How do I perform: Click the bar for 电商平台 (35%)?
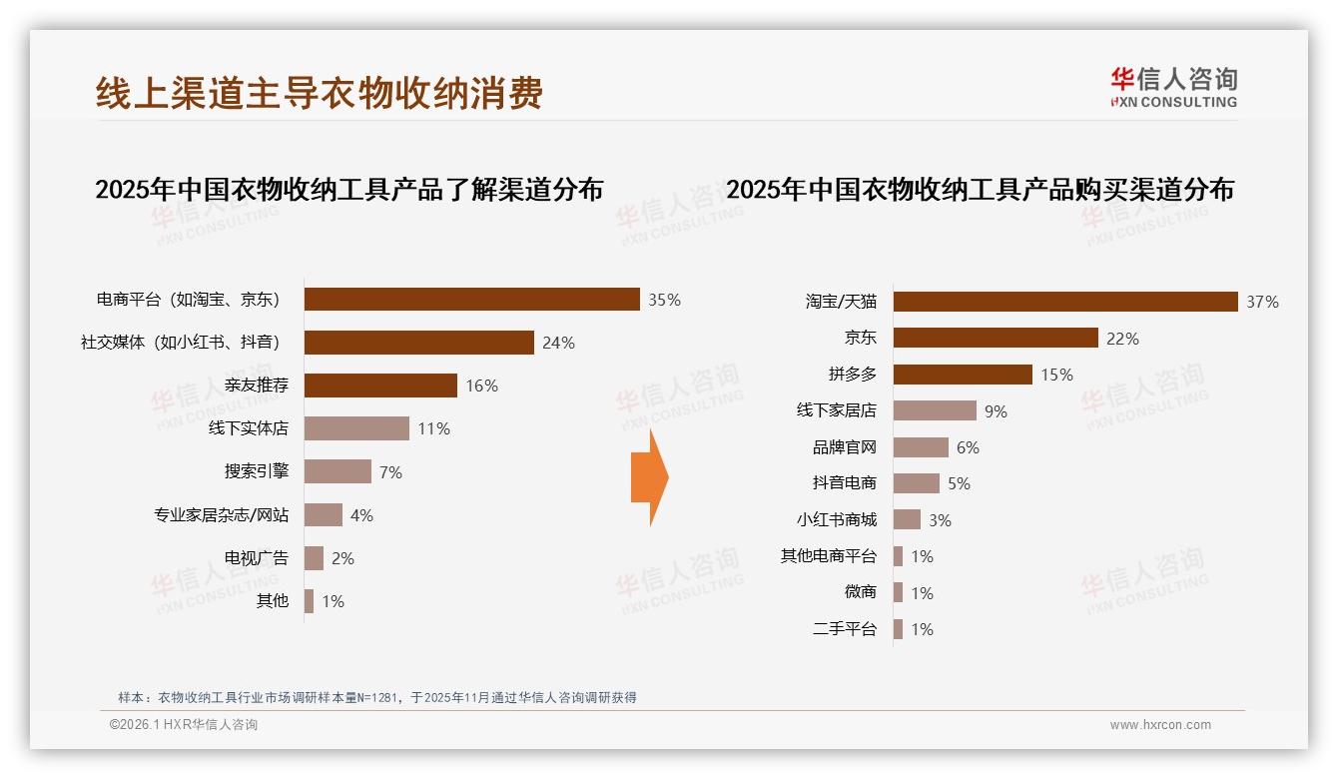471,300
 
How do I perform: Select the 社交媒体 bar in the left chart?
418,343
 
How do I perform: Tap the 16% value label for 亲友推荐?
481,386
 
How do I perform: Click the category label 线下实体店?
248,428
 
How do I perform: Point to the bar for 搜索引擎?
337,471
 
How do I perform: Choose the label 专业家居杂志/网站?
221,515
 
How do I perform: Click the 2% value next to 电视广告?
342,558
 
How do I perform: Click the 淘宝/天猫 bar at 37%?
1064,302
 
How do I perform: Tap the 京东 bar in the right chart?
996,339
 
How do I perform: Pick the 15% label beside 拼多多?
1056,375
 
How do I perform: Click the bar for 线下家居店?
935,410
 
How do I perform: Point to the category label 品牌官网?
844,447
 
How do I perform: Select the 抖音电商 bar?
916,483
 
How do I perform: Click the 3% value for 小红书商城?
939,520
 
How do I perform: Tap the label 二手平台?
844,629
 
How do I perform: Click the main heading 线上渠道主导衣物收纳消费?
320,93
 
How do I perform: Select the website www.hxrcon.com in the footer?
1160,725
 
